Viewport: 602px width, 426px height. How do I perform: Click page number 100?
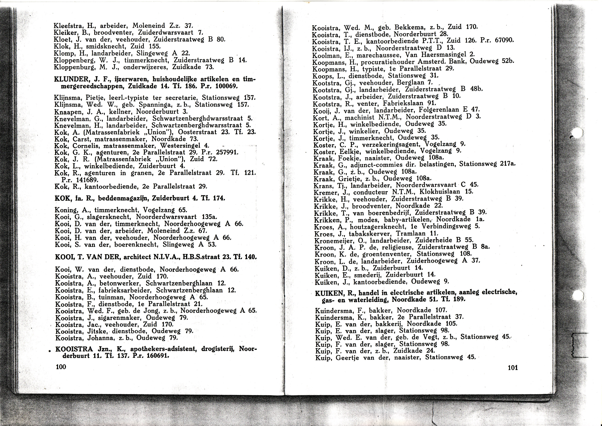61,367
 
